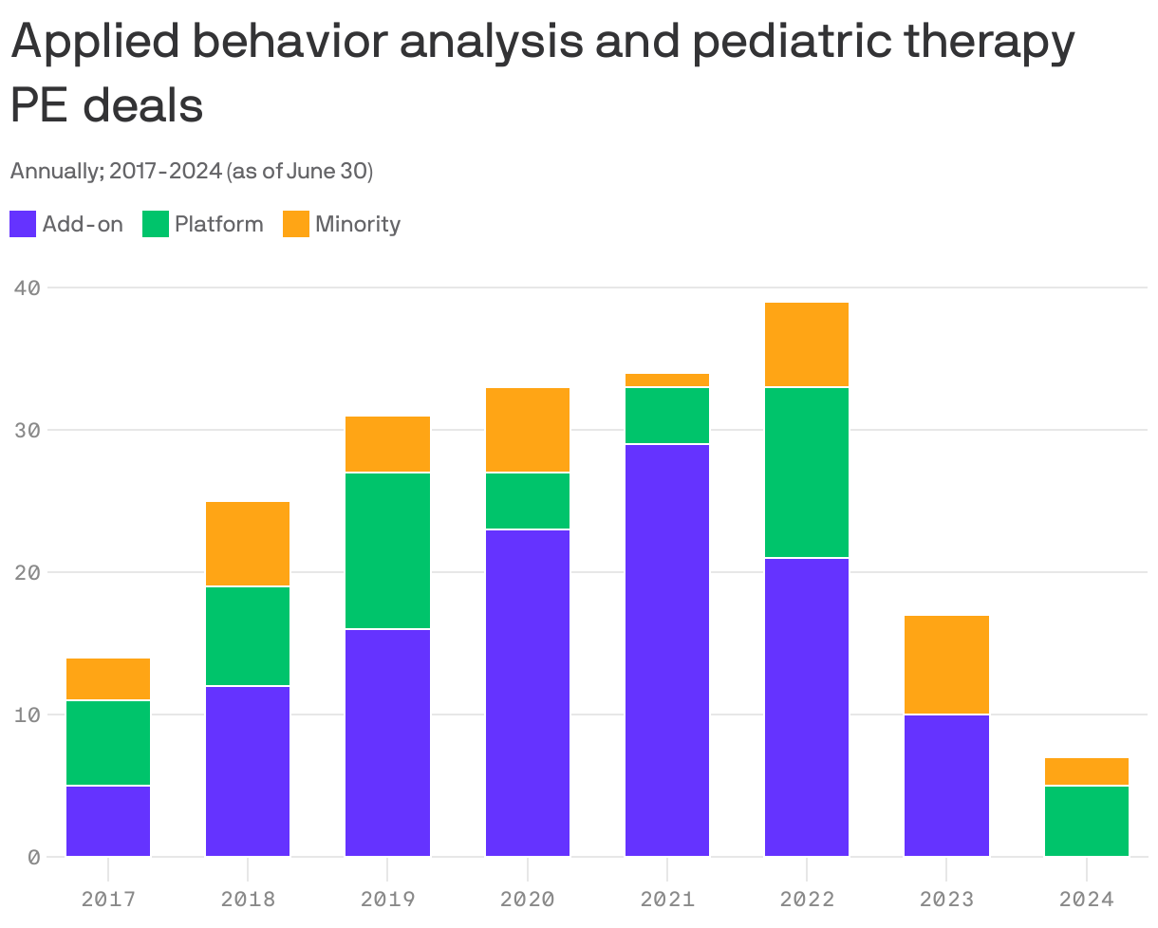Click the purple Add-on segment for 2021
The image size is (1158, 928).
tap(667, 650)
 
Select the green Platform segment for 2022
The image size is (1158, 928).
tap(807, 473)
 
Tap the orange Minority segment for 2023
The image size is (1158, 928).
tap(946, 665)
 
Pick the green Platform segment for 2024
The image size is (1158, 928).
tap(1086, 821)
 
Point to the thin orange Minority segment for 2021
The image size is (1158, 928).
tap(667, 380)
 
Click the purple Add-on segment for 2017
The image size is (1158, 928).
tap(108, 821)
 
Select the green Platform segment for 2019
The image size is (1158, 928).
tap(387, 550)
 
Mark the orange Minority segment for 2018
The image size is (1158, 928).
tap(248, 544)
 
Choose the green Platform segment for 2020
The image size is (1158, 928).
tap(528, 501)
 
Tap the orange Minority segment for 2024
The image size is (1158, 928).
tap(1086, 771)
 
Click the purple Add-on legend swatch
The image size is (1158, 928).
tap(23, 225)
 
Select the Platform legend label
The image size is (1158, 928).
tap(218, 225)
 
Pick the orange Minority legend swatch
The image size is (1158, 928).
tap(296, 225)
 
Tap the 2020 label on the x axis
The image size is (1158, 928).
tap(528, 898)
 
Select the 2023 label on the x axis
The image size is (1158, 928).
tap(946, 898)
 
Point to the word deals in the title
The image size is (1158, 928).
tap(143, 106)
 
